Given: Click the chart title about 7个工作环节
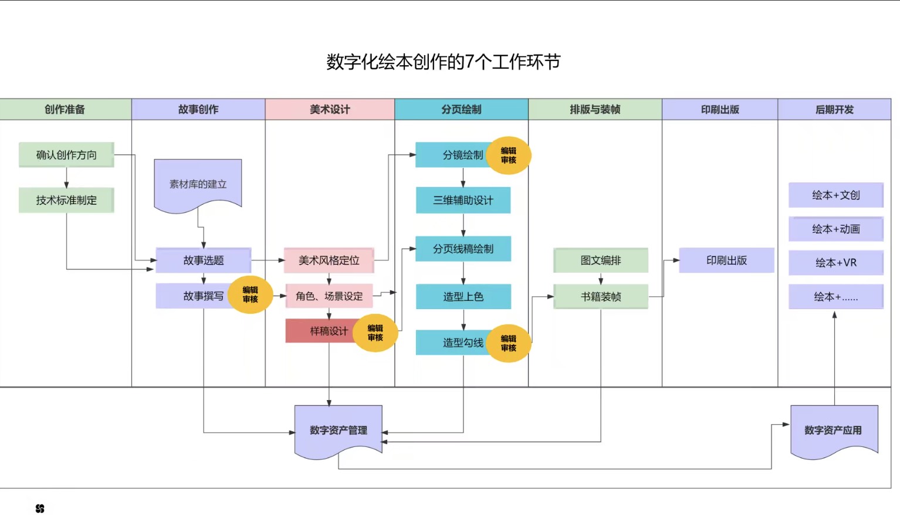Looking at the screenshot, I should (x=443, y=62).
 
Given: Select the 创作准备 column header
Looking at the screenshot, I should (x=65, y=110).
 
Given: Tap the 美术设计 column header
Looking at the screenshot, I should (x=330, y=110).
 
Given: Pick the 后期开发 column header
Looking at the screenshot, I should (x=834, y=110).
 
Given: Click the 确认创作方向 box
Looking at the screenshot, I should (x=66, y=155).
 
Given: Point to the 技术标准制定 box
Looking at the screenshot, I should (x=66, y=200).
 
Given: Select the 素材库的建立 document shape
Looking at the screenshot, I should (x=198, y=184).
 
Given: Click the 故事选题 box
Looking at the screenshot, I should (x=204, y=260).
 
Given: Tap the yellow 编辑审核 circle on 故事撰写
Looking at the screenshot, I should (x=251, y=294).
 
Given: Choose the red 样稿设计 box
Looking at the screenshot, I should (x=320, y=331).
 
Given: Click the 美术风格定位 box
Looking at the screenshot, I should (x=329, y=260).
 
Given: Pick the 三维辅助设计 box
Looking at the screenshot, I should (x=463, y=200).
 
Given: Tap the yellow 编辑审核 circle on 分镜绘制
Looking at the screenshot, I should (x=509, y=155).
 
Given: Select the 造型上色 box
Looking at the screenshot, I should (x=463, y=297).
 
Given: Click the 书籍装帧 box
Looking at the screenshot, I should (x=601, y=297).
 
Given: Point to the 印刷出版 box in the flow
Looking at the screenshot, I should (x=726, y=260).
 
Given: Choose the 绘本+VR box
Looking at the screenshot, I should (x=835, y=263).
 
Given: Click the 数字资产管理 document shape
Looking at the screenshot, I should (x=339, y=430).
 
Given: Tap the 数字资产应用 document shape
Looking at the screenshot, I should (x=833, y=430).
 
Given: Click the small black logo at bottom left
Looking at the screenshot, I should (x=40, y=509).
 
